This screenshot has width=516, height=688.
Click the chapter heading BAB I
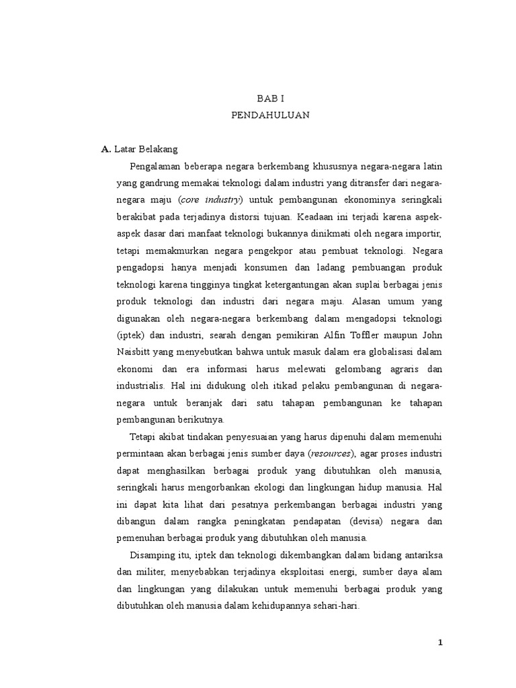click(271, 98)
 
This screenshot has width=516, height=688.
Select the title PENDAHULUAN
click(271, 115)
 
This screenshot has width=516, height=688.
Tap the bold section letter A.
click(105, 149)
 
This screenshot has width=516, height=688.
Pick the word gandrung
click(156, 183)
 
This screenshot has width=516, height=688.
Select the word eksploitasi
click(302, 571)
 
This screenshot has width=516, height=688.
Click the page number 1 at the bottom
click(441, 642)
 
